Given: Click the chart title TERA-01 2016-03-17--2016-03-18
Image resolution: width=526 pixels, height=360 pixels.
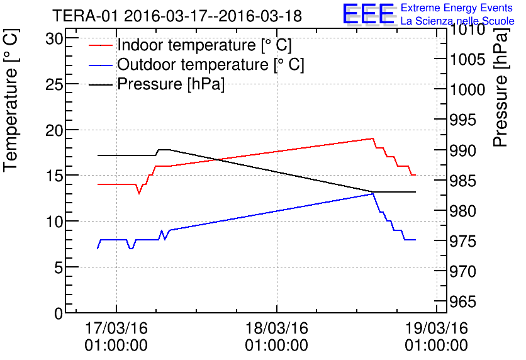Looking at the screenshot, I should pyautogui.click(x=177, y=15).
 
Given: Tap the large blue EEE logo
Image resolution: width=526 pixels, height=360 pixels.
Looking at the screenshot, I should pyautogui.click(x=369, y=14).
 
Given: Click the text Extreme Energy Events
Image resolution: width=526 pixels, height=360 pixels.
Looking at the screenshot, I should pyautogui.click(x=456, y=8).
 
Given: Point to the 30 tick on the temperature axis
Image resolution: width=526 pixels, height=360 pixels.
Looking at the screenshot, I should pyautogui.click(x=55, y=38).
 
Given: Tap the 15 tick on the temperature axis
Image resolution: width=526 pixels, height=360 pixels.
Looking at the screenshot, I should pyautogui.click(x=55, y=176).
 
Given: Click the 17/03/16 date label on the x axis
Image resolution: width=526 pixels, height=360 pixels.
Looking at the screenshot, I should pyautogui.click(x=116, y=329).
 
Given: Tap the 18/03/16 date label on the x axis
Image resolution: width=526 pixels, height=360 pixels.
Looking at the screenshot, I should pyautogui.click(x=277, y=329).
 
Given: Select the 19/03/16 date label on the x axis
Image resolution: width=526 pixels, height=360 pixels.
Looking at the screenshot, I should pyautogui.click(x=437, y=329).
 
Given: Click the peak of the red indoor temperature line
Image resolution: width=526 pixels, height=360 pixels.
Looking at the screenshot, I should pyautogui.click(x=372, y=138).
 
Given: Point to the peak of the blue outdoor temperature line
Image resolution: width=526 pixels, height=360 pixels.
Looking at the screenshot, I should pyautogui.click(x=373, y=193).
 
